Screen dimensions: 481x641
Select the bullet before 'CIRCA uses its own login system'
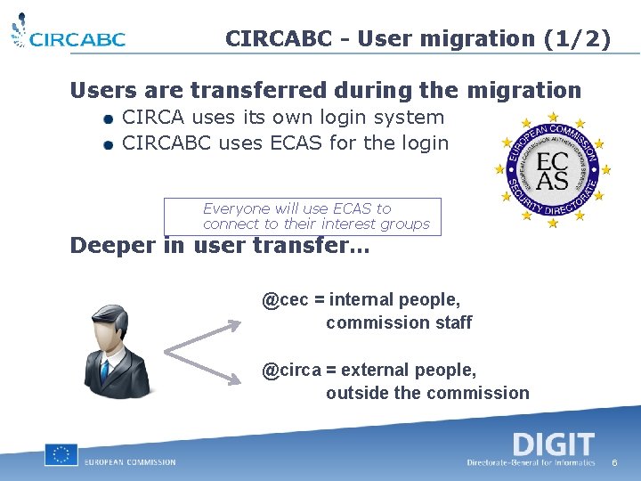click(x=107, y=118)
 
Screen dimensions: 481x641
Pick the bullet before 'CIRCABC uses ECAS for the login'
click(x=107, y=144)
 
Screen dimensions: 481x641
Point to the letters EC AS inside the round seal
click(x=553, y=168)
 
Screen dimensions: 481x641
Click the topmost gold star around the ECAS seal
click(x=553, y=117)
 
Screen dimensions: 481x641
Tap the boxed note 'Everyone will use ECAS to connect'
click(x=303, y=216)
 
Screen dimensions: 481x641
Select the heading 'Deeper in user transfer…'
click(x=219, y=245)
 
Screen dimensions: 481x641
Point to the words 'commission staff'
click(x=399, y=322)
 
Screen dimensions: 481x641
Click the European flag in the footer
click(x=61, y=454)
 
